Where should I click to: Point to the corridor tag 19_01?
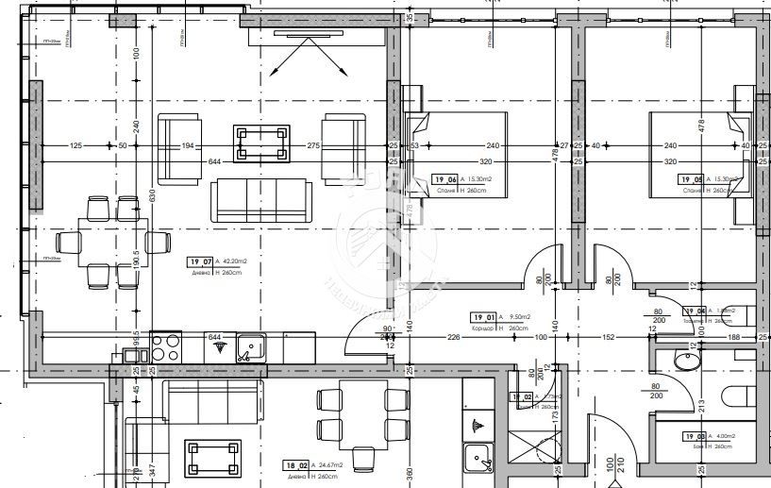(483, 317)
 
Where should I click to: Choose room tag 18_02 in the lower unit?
(296, 463)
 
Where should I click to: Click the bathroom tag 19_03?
(694, 436)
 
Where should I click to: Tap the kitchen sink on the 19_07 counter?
(251, 349)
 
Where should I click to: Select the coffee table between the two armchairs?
(261, 145)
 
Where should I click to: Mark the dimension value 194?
(187, 145)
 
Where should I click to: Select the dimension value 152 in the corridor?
(609, 337)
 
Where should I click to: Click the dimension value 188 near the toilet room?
(734, 337)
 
